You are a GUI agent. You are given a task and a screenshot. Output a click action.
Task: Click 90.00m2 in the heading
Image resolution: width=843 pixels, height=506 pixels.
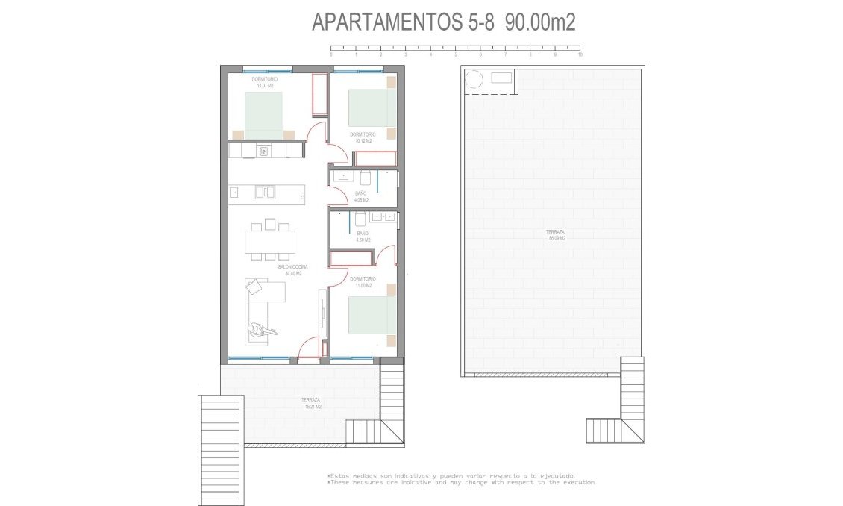[x=539, y=22]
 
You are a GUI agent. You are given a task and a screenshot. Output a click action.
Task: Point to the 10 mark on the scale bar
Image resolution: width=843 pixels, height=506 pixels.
[x=580, y=55]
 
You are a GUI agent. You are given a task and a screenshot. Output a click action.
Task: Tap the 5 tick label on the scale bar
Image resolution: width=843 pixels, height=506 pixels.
[x=455, y=55]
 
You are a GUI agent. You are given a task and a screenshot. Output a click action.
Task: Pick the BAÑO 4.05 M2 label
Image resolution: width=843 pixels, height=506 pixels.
[x=361, y=196]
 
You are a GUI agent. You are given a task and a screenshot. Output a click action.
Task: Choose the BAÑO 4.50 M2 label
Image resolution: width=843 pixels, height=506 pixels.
[x=362, y=237]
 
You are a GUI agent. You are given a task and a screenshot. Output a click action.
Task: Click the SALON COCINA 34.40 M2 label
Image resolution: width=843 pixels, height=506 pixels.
[x=292, y=270]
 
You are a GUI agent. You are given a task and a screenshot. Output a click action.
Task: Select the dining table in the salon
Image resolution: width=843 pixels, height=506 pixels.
[x=270, y=241]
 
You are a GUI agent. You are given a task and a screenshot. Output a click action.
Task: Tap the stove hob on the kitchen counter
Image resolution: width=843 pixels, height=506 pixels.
[x=263, y=151]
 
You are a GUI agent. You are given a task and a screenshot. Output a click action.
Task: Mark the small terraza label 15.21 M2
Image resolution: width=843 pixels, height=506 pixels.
[x=313, y=404]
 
